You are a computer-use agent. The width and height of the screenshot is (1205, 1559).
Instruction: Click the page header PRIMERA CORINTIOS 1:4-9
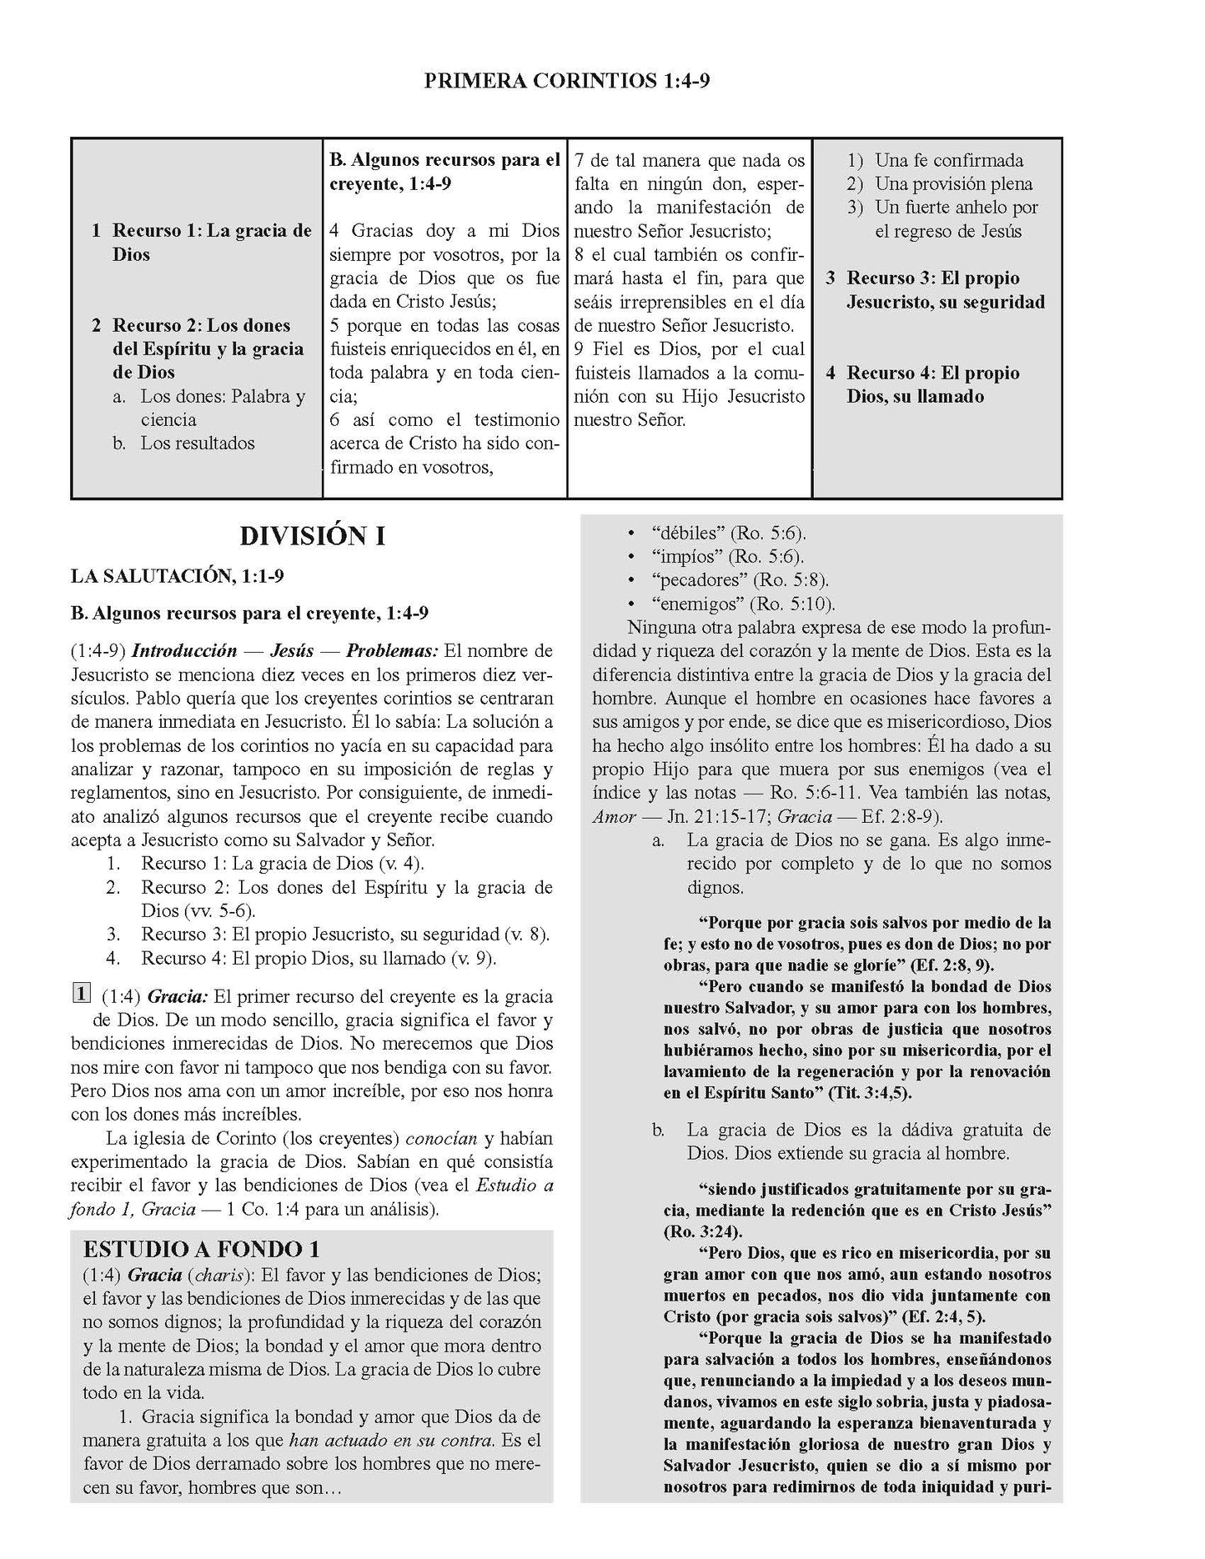tap(566, 81)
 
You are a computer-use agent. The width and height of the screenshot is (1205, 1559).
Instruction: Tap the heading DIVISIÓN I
tap(312, 536)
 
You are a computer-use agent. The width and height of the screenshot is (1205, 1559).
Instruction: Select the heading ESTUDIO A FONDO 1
tap(201, 1249)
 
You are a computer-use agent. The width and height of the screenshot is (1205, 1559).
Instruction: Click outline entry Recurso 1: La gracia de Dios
tap(212, 242)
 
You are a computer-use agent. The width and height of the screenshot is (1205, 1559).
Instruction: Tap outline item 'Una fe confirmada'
tap(948, 160)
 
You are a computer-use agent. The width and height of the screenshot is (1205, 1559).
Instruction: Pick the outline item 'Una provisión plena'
tap(953, 183)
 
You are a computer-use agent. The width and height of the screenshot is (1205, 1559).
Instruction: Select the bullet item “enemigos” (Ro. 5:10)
tap(743, 604)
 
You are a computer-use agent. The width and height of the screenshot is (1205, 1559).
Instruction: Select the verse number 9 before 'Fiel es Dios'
tap(580, 349)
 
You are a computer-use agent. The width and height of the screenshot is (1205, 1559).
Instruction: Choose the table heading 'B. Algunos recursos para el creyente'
tap(444, 171)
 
